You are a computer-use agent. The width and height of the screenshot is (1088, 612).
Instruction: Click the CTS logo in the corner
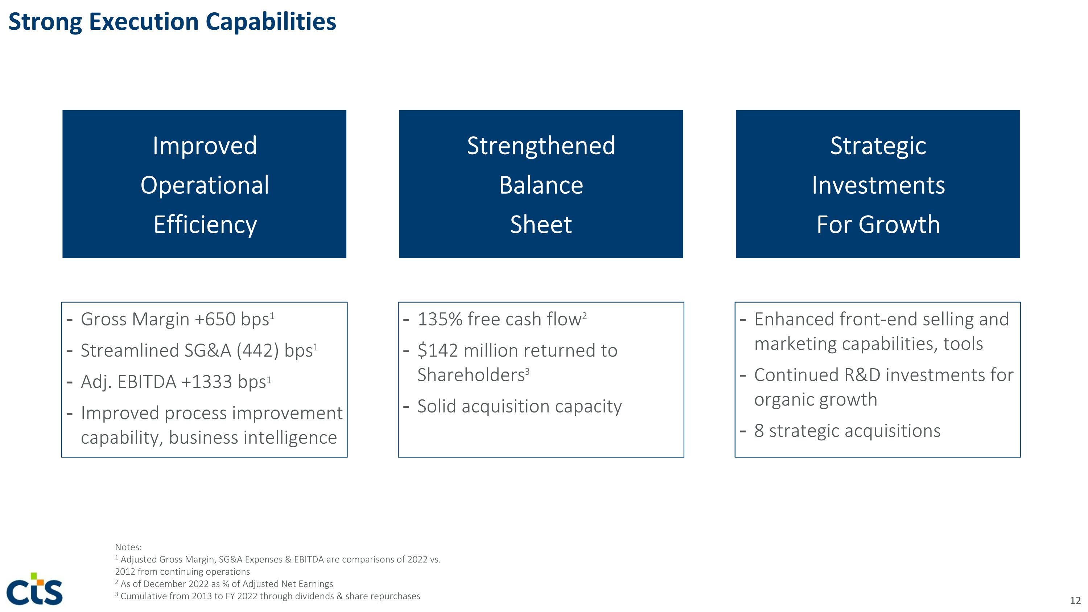pos(34,589)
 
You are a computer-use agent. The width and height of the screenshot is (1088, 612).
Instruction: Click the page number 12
pos(1075,600)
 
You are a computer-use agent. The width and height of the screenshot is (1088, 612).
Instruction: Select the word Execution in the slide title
pos(144,22)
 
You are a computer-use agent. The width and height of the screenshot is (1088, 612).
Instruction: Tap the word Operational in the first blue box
pos(205,185)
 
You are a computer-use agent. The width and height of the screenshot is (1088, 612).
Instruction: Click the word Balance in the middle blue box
pos(541,185)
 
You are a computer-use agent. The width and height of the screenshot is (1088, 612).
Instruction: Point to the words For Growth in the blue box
pos(878,224)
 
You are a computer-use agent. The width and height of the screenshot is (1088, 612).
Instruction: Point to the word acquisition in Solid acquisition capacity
pos(505,406)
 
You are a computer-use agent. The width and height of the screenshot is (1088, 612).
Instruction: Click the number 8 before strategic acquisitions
pos(759,431)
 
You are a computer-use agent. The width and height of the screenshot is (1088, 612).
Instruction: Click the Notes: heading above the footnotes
pos(128,547)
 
